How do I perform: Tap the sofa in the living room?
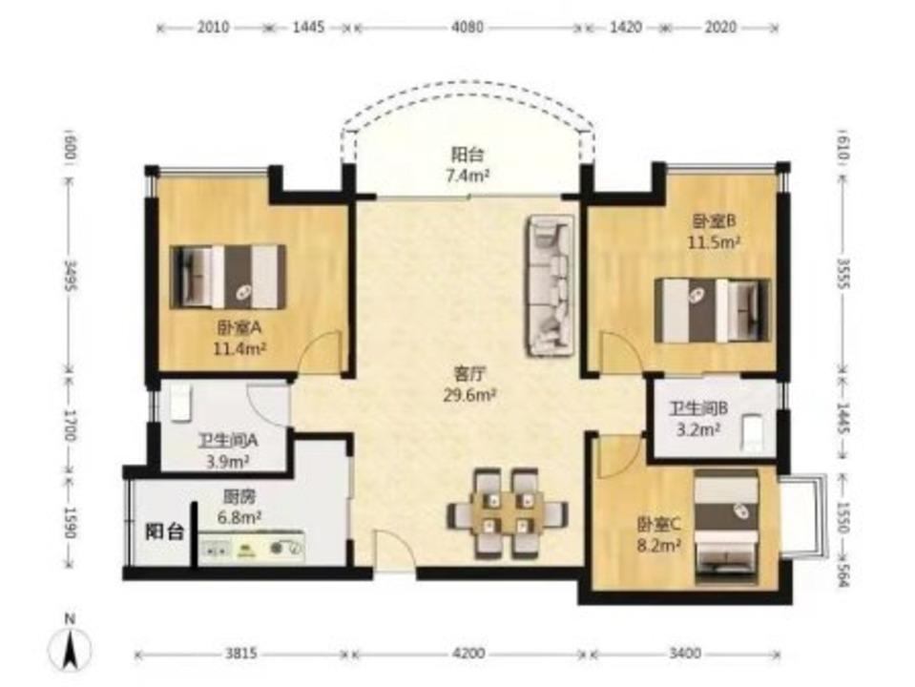(550, 285)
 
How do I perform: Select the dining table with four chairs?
(507, 511)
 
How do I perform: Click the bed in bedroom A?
(228, 278)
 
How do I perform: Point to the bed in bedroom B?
(713, 310)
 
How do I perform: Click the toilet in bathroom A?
(180, 403)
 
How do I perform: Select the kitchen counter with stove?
(252, 548)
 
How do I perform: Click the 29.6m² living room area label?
(469, 396)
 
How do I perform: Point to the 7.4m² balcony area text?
(468, 176)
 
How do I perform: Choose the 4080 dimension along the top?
(468, 27)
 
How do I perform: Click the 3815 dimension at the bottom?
(241, 654)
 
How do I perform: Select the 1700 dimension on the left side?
(70, 425)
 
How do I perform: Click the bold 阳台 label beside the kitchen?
(164, 531)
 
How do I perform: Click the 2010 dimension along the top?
(213, 27)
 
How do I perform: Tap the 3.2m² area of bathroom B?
(697, 430)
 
